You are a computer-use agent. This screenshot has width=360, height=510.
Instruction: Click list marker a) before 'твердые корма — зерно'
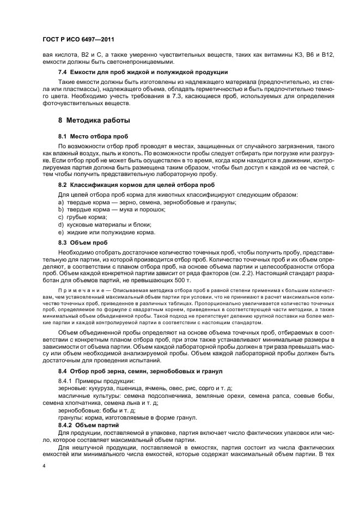pyautogui.click(x=61, y=202)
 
